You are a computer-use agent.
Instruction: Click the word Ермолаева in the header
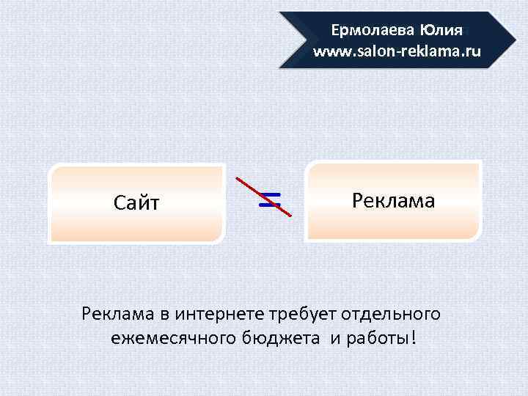click(x=373, y=31)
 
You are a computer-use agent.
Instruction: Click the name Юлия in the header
click(x=441, y=31)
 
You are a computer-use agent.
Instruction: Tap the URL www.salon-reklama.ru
click(x=397, y=51)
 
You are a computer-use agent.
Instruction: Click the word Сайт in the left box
click(x=136, y=203)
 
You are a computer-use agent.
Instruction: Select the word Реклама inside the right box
click(x=393, y=200)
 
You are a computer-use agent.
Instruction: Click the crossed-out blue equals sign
click(x=271, y=199)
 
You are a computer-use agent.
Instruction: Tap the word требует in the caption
click(x=306, y=315)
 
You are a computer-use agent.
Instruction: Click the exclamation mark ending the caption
click(x=416, y=338)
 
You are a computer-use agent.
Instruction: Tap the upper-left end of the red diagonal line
click(x=235, y=177)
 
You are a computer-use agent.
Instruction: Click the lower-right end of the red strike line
click(x=291, y=216)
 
